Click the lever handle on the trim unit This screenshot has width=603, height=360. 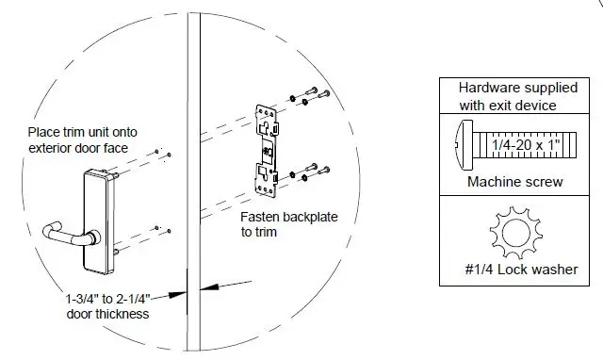click(x=69, y=233)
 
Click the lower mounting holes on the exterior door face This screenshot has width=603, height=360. click(x=161, y=229)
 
